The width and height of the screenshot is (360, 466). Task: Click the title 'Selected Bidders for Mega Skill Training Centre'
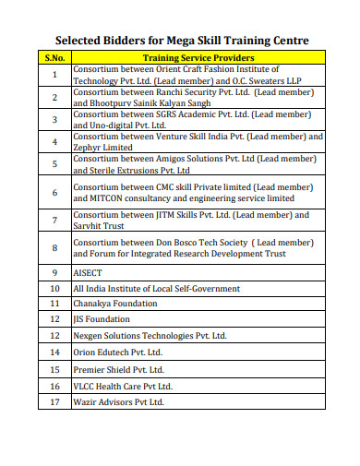click(182, 41)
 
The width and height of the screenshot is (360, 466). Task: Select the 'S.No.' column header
click(54, 58)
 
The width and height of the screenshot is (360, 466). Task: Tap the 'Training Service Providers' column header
click(198, 58)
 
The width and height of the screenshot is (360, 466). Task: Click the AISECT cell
click(89, 274)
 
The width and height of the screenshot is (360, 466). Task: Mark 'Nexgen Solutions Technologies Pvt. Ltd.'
click(150, 336)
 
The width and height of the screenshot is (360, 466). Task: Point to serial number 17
click(54, 402)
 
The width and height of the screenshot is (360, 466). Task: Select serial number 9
click(54, 274)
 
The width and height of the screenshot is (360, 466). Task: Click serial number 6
click(54, 193)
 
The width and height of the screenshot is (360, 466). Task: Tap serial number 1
click(54, 75)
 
